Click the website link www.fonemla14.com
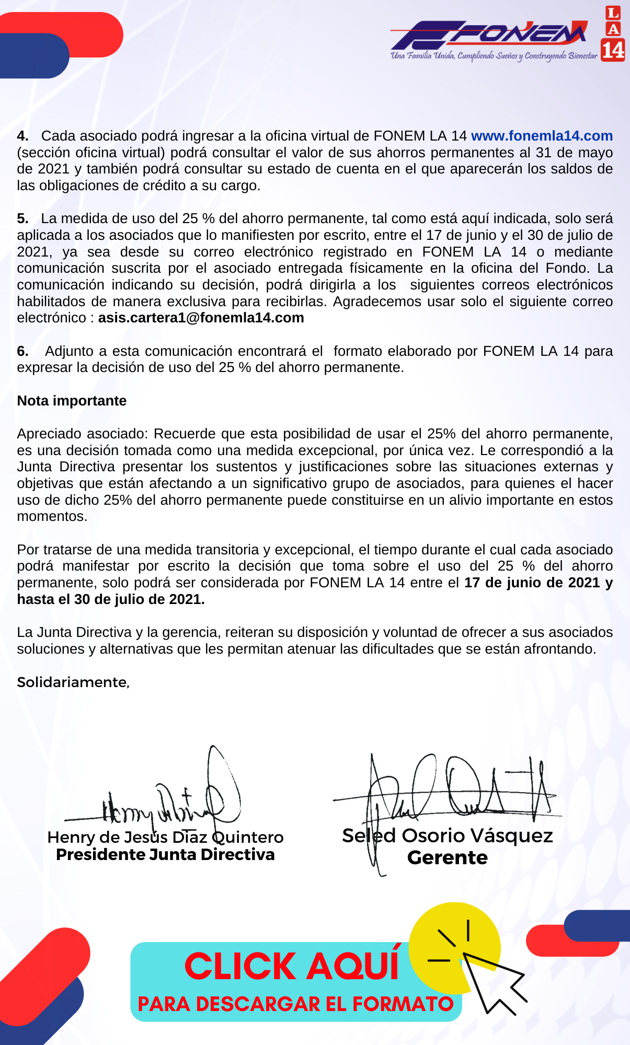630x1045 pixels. [542, 136]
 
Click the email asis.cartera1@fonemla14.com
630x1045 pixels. [201, 318]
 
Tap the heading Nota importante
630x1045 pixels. [72, 401]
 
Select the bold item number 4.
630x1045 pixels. [22, 136]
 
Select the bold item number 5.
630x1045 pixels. [22, 218]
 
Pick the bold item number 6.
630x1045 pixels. [22, 351]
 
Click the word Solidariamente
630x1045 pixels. [73, 682]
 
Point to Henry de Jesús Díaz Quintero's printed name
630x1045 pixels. [165, 838]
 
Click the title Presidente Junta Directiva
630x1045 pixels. [165, 855]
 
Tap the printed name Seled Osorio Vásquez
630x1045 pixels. [448, 836]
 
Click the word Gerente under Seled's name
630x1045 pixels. [448, 858]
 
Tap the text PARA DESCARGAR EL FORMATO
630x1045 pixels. [295, 1004]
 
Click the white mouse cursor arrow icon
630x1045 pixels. [491, 982]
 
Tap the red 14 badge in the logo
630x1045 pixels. [613, 50]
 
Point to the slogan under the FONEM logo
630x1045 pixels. [494, 56]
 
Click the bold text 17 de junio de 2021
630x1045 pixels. [531, 583]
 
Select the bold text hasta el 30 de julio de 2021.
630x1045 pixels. [110, 599]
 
